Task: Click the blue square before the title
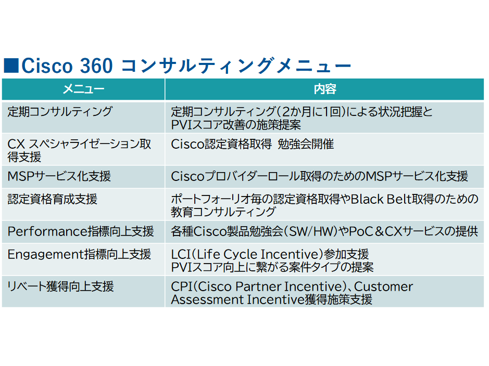[11, 66]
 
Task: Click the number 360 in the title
[96, 66]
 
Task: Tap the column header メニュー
[83, 89]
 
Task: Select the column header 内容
[325, 89]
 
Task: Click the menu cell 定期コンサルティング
[60, 112]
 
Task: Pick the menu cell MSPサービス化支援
[59, 176]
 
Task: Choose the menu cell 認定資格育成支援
[53, 199]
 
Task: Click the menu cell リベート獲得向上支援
[60, 286]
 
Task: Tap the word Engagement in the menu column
[44, 255]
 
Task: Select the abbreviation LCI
[181, 254]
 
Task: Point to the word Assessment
[207, 299]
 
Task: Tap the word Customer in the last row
[384, 286]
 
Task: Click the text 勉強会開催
[306, 144]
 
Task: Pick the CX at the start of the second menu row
[16, 144]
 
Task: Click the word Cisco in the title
[47, 66]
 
